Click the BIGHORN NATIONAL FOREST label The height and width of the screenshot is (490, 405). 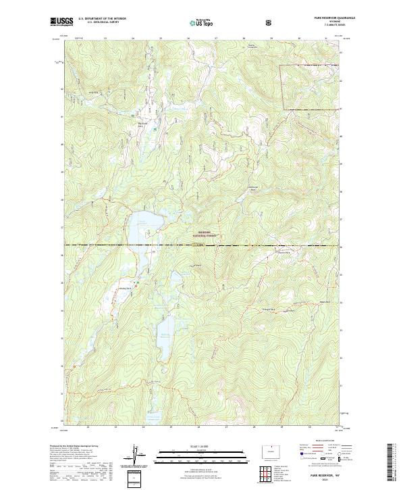[x=202, y=233]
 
